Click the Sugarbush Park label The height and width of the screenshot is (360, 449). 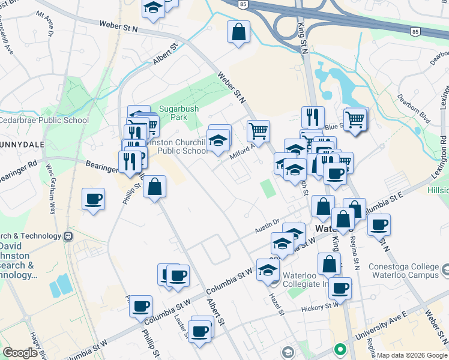tap(173, 113)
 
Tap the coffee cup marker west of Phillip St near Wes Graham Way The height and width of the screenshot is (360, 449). tap(93, 199)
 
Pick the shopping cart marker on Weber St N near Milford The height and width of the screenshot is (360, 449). tap(258, 130)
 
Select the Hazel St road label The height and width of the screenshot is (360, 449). tap(277, 300)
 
